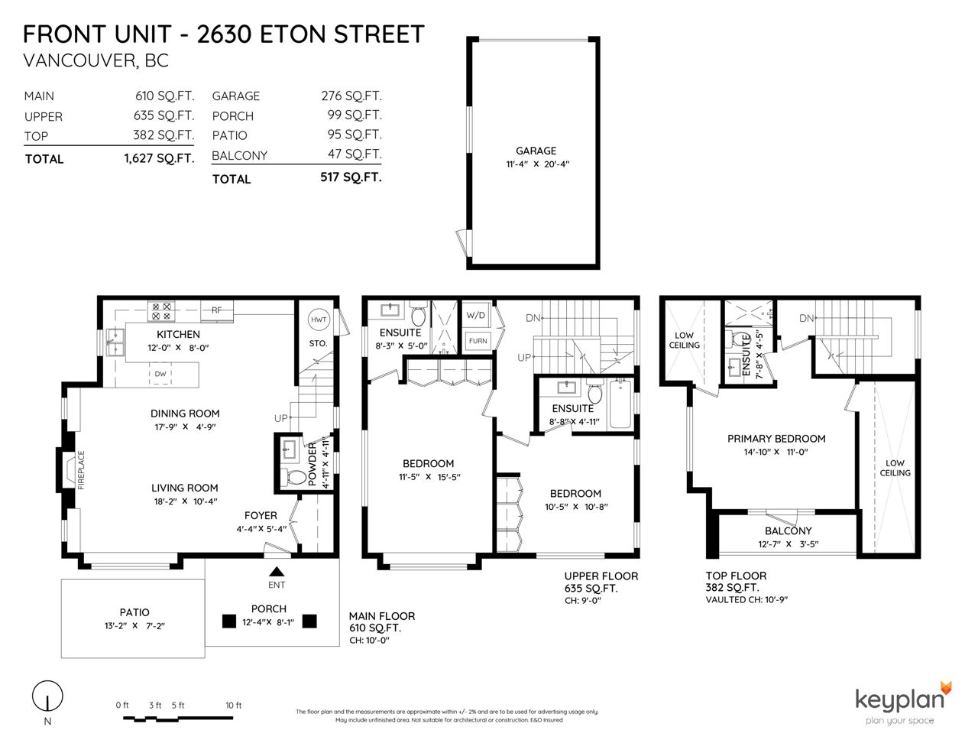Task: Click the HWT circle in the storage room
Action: (x=319, y=320)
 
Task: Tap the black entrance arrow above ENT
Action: (x=277, y=572)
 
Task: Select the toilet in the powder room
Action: (x=294, y=476)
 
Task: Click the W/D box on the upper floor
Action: (x=476, y=315)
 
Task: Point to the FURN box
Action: (x=478, y=341)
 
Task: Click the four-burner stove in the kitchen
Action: (x=161, y=311)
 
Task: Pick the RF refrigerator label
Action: (x=217, y=310)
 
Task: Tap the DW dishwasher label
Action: (x=160, y=374)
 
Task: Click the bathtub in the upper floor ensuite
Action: (x=620, y=404)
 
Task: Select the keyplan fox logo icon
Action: (x=946, y=689)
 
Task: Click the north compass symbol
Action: (x=47, y=696)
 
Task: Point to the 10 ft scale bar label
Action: (x=233, y=705)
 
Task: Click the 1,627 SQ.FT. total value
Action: (x=160, y=158)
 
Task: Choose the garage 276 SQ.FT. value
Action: (x=351, y=96)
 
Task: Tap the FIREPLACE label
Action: (x=81, y=470)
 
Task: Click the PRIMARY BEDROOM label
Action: (x=776, y=439)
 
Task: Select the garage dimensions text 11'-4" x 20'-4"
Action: (x=538, y=164)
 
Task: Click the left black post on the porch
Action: (x=229, y=621)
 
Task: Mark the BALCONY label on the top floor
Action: (x=788, y=530)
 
